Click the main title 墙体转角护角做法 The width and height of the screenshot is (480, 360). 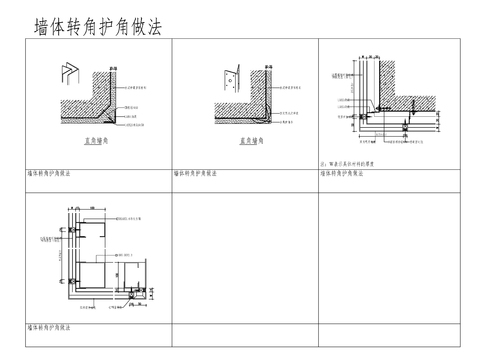point(99,23)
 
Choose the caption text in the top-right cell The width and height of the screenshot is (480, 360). point(347,173)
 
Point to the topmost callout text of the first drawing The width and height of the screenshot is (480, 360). point(144,87)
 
